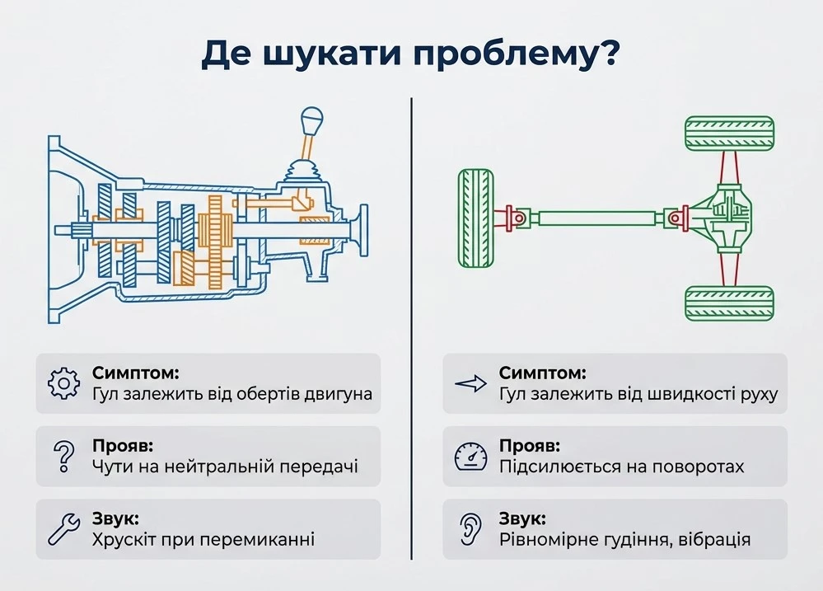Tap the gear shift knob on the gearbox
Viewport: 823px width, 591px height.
pyautogui.click(x=311, y=121)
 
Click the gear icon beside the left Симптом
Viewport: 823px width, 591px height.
pyautogui.click(x=63, y=384)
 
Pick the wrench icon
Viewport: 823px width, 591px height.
pyautogui.click(x=63, y=528)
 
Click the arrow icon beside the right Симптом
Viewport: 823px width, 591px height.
pyautogui.click(x=470, y=383)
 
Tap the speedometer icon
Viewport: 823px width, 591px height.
pyautogui.click(x=470, y=456)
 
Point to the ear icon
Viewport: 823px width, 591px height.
pyautogui.click(x=470, y=528)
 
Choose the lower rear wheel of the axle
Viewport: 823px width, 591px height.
pyautogui.click(x=729, y=303)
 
